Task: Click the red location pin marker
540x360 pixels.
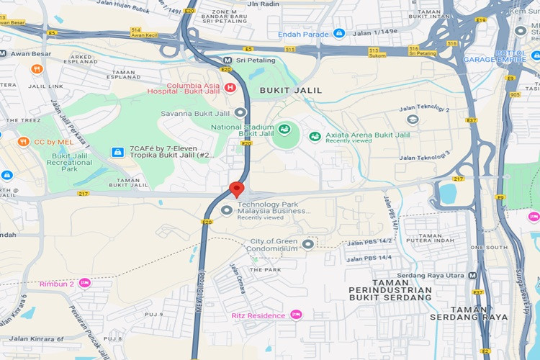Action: pyautogui.click(x=237, y=189)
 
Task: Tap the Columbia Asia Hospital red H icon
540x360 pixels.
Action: pyautogui.click(x=230, y=88)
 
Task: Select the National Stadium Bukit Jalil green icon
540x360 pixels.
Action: pyautogui.click(x=284, y=130)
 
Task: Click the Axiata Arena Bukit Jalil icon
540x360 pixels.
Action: pyautogui.click(x=315, y=136)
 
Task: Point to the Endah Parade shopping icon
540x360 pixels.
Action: pyautogui.click(x=339, y=33)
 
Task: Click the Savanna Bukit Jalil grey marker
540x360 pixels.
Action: pyautogui.click(x=240, y=112)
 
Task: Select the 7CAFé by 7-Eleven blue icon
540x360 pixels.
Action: pyautogui.click(x=117, y=151)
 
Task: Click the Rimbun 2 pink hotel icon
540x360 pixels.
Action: pyautogui.click(x=85, y=283)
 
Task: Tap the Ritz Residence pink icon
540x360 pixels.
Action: pyautogui.click(x=295, y=315)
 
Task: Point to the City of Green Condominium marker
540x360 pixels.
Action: pyautogui.click(x=308, y=244)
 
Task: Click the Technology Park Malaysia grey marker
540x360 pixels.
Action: pyautogui.click(x=227, y=211)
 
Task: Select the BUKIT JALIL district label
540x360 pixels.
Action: pyautogui.click(x=290, y=90)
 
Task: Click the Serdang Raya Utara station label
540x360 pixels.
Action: pyautogui.click(x=436, y=275)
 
